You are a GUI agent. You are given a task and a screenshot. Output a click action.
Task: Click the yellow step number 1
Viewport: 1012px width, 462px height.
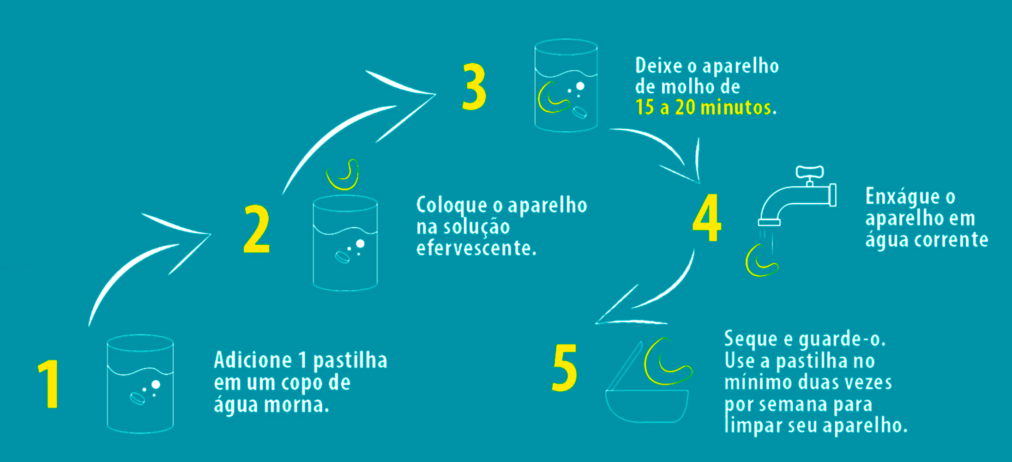pyautogui.click(x=49, y=384)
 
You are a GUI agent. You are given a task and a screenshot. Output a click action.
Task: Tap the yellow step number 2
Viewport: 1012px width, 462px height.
pyautogui.click(x=256, y=229)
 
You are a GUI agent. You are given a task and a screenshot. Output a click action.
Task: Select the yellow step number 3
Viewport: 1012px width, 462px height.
pyautogui.click(x=474, y=86)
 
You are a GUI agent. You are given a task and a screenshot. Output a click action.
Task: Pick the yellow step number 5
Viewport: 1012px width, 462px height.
pyautogui.click(x=565, y=368)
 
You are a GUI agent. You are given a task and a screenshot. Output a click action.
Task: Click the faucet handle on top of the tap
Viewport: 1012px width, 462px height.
pyautogui.click(x=810, y=172)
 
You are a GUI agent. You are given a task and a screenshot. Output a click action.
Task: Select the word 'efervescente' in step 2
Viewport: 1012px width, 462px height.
pyautogui.click(x=476, y=248)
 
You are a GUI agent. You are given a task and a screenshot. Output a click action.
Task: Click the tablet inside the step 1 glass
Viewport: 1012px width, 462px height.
pyautogui.click(x=137, y=398)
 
